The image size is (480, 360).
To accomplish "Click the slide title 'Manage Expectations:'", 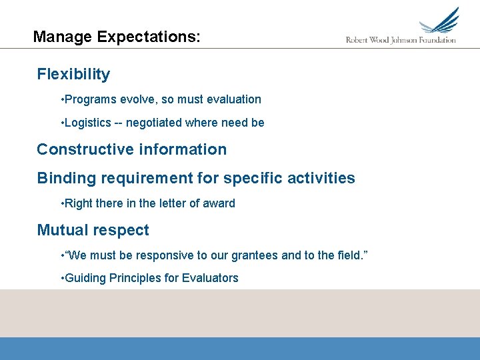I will [116, 37].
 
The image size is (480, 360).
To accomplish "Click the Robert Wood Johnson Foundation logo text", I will [401, 40].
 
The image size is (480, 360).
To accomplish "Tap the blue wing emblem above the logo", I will [441, 21].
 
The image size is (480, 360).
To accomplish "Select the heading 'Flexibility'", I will [73, 74].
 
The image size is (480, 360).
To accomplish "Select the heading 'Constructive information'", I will [131, 149].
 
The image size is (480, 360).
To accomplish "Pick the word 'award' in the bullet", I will [219, 203].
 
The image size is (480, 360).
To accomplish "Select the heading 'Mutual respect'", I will [93, 230].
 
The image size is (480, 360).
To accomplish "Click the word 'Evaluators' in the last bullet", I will [210, 278].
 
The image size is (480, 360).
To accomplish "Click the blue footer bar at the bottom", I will [240, 348].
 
